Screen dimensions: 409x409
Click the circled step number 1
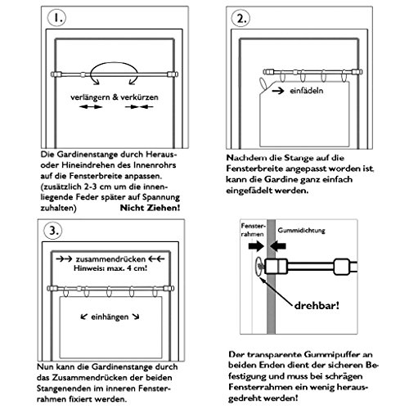tap(56, 17)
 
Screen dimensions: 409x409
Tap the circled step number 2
tap(240, 18)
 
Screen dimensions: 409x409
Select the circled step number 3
tap(53, 231)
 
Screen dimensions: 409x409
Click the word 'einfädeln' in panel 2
tap(306, 91)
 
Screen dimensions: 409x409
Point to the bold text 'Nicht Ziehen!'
tap(150, 208)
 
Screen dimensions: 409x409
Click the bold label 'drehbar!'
tap(317, 305)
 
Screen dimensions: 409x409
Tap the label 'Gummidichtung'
tap(301, 231)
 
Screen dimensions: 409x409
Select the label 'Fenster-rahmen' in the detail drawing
tap(253, 230)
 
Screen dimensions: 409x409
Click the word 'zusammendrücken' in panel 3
tap(110, 259)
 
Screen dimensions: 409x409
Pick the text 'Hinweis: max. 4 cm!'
tap(110, 268)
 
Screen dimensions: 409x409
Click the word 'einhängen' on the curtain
tap(110, 317)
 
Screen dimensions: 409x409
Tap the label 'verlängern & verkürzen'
tap(115, 97)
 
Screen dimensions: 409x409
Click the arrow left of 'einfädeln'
tap(278, 91)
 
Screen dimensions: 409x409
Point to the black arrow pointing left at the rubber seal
tap(278, 246)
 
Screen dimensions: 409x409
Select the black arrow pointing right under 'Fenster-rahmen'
tap(256, 246)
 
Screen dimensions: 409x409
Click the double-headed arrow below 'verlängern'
tap(91, 107)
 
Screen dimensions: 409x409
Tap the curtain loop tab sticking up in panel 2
tap(263, 83)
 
